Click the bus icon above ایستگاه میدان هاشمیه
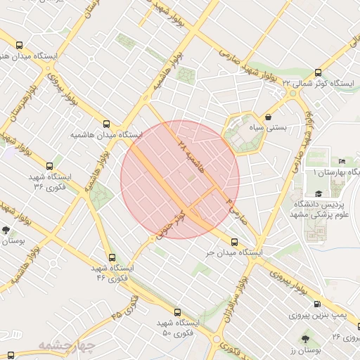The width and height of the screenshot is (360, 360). click(106, 122)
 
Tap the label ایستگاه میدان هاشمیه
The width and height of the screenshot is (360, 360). click(105, 134)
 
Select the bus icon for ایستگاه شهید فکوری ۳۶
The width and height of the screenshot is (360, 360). click(49, 166)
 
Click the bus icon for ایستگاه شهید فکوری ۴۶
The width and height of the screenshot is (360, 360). click(110, 257)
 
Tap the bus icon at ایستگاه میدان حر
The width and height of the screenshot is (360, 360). click(231, 241)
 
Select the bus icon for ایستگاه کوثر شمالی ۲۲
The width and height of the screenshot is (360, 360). click(319, 72)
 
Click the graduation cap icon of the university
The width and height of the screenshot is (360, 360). click(319, 193)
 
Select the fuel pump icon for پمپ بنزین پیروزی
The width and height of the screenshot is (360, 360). click(317, 304)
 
